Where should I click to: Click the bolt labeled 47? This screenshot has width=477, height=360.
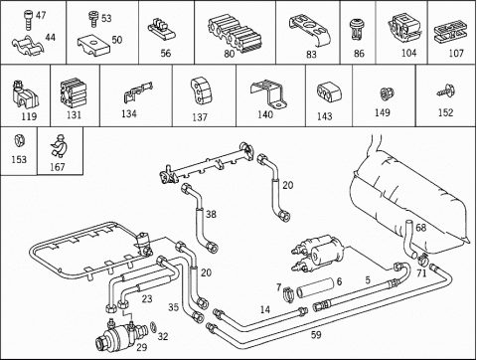(x=28, y=20)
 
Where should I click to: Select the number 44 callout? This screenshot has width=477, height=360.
(x=50, y=37)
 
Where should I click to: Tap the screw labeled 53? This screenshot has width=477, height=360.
(x=93, y=19)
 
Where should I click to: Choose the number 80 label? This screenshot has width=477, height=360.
(x=230, y=54)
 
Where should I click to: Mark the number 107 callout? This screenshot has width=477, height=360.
(x=456, y=53)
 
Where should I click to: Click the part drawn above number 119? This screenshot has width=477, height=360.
(x=25, y=95)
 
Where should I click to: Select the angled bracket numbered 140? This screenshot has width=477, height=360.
(x=269, y=93)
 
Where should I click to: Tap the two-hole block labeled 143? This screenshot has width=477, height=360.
(x=329, y=91)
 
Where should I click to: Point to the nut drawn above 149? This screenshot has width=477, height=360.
(x=386, y=93)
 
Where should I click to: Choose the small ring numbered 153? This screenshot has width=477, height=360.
(x=20, y=140)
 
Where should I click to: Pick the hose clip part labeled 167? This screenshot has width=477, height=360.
(x=60, y=146)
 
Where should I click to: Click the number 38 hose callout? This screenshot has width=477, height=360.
(x=211, y=214)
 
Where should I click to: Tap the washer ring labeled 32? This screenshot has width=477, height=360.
(x=154, y=327)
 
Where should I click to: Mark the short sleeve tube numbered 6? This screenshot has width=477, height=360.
(x=315, y=288)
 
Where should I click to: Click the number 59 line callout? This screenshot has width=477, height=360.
(x=316, y=335)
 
